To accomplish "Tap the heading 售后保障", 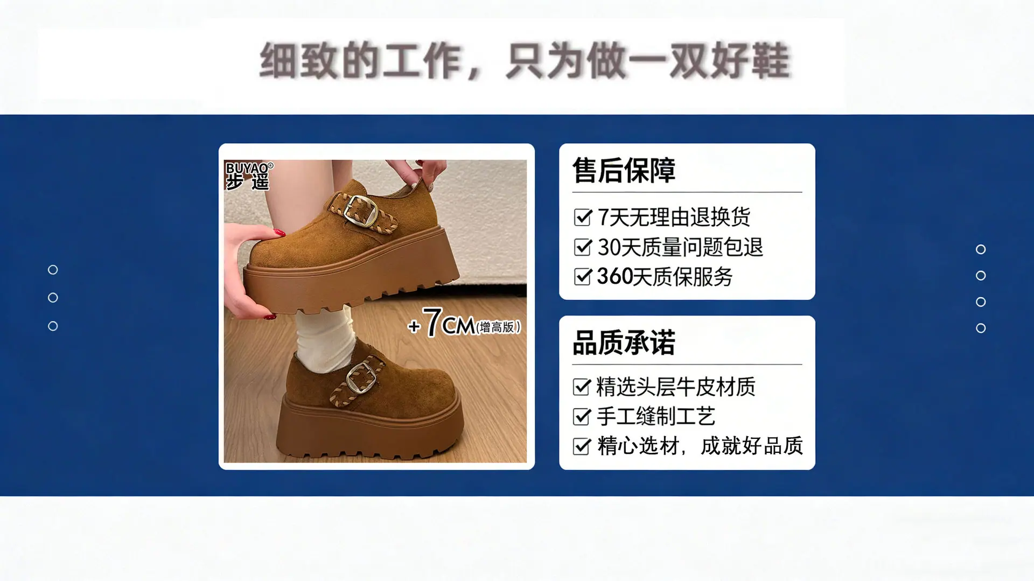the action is (x=624, y=171).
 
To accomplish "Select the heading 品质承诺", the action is (x=624, y=343).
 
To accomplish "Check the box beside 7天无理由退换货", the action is (x=583, y=217).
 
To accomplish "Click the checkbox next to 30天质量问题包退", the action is (x=583, y=247).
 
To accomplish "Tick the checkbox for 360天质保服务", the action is (x=583, y=277).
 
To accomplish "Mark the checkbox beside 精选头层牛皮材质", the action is (x=582, y=387).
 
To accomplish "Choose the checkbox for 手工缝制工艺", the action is (x=582, y=416).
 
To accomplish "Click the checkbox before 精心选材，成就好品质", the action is (x=582, y=446).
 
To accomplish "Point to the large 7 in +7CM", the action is (x=432, y=323).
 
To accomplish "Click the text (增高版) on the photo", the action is (x=498, y=327).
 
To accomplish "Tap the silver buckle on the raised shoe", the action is (x=360, y=210).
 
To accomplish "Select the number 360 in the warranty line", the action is (x=614, y=277).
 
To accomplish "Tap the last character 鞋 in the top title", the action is (x=771, y=60).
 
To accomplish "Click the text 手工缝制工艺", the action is (x=656, y=416).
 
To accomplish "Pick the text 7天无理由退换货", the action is (x=674, y=217).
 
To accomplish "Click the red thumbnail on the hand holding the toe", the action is (x=279, y=233).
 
